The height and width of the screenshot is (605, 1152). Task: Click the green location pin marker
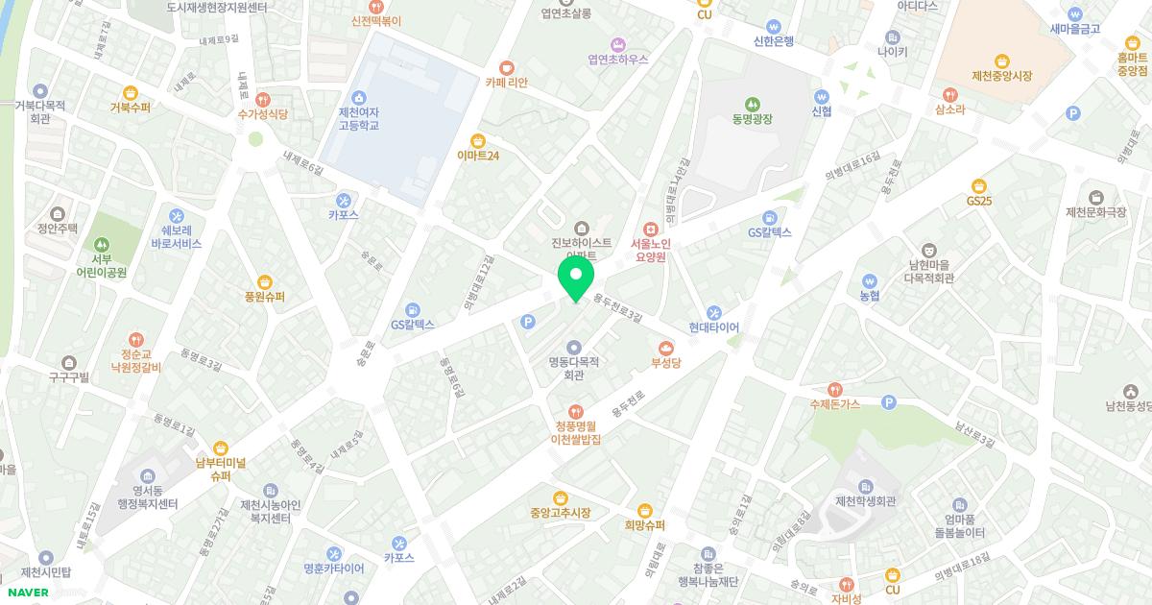[575, 279]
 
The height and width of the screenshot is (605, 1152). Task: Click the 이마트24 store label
[477, 155]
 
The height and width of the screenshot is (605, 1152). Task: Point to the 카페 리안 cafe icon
[506, 67]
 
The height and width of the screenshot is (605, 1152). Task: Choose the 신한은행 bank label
[774, 41]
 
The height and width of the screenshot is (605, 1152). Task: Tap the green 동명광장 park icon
[753, 103]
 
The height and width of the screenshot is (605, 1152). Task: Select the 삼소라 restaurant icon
[949, 94]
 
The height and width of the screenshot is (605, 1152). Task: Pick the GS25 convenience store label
[979, 202]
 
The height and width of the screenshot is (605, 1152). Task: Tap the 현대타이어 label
[713, 327]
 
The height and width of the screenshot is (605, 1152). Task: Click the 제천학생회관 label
[865, 501]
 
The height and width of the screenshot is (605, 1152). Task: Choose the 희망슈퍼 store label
[645, 525]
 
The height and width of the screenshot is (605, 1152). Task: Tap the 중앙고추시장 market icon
[560, 496]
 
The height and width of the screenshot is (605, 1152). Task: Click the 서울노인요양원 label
[650, 251]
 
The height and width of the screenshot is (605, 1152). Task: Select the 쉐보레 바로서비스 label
[176, 237]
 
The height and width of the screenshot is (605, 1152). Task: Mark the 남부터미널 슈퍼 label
[221, 469]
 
